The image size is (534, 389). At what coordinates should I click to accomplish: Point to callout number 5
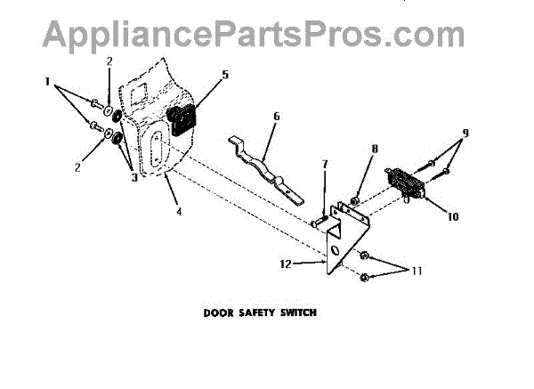coord(225,77)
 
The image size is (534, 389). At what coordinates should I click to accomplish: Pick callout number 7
coord(324,165)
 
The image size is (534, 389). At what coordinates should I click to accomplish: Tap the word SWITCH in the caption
coord(301,312)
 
